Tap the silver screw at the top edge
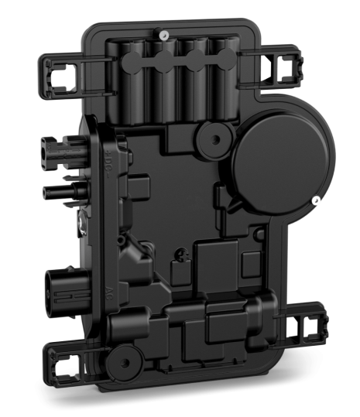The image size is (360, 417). coord(164,34)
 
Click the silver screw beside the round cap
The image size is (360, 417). coord(315,202)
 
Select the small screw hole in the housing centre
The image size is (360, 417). coord(181,251)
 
